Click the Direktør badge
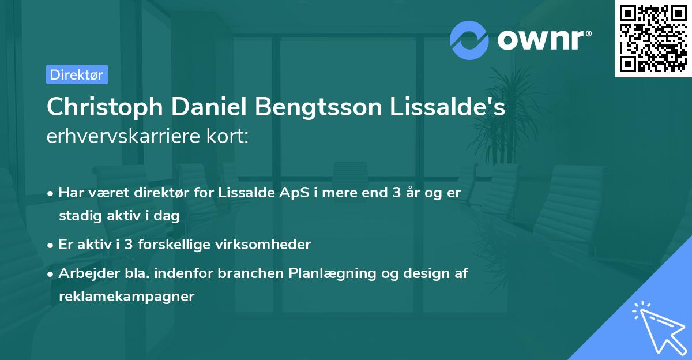coord(77,74)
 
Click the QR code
coord(653,39)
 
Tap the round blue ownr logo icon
coord(469,39)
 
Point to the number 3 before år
coord(396,193)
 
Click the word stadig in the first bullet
coord(77,216)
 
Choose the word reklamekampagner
coord(127,297)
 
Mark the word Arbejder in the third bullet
coord(84,273)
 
